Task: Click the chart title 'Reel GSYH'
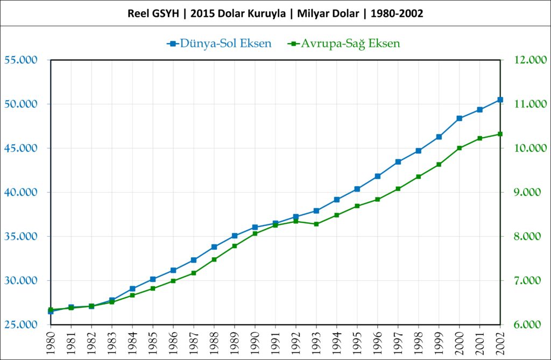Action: coord(275,14)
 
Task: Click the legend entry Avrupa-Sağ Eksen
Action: coord(344,43)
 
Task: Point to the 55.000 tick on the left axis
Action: coord(20,60)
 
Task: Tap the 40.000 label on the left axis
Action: coord(20,193)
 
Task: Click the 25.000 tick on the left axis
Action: coord(20,325)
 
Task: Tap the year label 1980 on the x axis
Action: coord(51,341)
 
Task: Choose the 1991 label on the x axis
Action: coord(275,341)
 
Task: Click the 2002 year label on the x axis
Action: coord(500,341)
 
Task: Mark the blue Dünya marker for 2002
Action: coord(500,100)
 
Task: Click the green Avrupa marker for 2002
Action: coord(500,134)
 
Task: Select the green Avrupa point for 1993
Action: coord(316,224)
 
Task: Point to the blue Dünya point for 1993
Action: coord(316,210)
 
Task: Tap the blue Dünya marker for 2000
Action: coord(460,118)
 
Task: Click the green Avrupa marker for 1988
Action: coord(214,259)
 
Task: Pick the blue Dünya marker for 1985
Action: coord(153,279)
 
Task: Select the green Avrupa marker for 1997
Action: coord(398,189)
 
